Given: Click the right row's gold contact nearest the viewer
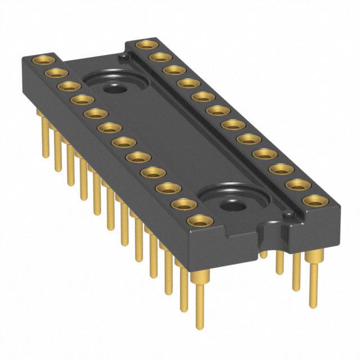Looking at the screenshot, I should click(x=315, y=200).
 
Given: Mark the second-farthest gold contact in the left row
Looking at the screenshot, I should click(x=55, y=73).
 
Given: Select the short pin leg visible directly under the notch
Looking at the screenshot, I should click(x=264, y=254).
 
